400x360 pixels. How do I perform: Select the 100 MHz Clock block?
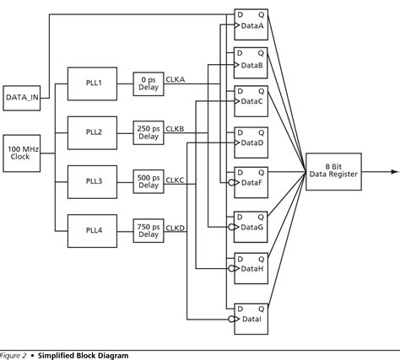pos(21,153)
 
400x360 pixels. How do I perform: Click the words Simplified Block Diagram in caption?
pos(83,355)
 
